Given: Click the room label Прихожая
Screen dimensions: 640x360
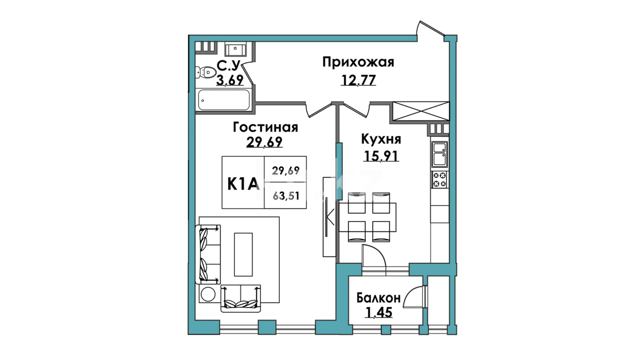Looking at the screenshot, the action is tap(358, 63).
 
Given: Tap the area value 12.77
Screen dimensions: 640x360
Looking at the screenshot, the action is tap(358, 80).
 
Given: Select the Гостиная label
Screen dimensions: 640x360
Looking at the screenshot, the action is tap(266, 127).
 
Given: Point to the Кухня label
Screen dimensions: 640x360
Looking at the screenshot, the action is tap(381, 139).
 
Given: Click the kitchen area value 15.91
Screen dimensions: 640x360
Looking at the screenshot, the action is tap(381, 156).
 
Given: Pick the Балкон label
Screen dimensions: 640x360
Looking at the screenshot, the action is tap(379, 298).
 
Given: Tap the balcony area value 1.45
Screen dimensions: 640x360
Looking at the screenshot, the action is tap(379, 312).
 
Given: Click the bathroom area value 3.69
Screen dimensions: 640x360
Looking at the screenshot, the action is tap(230, 80).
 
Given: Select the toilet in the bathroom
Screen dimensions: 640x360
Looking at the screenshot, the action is tap(205, 73).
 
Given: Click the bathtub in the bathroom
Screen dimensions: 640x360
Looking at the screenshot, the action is tap(224, 100).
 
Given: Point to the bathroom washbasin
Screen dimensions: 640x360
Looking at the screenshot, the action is tap(235, 49).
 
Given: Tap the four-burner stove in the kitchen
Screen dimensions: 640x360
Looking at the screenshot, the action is tap(440, 179).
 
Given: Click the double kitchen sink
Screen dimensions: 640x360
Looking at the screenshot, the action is tap(440, 154).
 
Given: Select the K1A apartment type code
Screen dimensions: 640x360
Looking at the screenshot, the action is tap(243, 184).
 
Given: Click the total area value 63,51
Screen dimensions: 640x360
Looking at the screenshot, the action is tap(286, 196).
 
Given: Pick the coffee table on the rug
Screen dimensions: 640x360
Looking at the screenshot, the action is tap(244, 255).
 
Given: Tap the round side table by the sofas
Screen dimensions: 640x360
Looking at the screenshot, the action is tap(208, 294).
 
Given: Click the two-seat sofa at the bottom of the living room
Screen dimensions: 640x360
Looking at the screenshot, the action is tap(241, 298).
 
